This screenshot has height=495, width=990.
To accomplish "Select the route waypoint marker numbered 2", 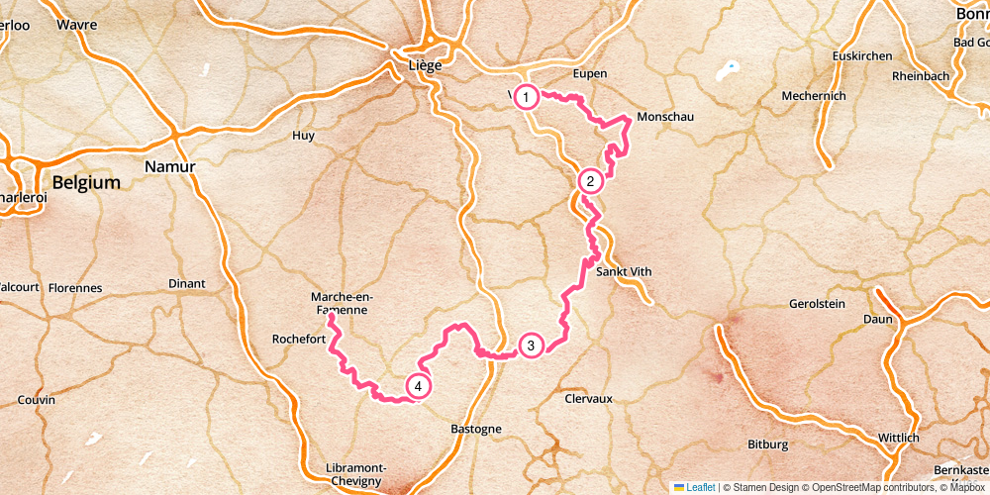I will click(590, 181).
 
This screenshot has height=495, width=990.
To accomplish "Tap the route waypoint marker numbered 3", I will click(531, 346).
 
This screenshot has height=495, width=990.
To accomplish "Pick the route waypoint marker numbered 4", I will click(419, 386).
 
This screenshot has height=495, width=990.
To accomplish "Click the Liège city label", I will click(425, 65).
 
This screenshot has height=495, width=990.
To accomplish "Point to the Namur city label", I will click(169, 166).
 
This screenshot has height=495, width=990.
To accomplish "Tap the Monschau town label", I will click(665, 117).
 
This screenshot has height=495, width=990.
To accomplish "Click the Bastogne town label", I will click(476, 429).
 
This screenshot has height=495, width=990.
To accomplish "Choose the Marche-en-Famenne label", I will click(340, 303).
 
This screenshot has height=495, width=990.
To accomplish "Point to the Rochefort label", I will click(299, 340).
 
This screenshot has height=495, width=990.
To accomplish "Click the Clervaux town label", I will click(588, 398).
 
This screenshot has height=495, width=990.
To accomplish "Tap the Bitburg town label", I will click(767, 445).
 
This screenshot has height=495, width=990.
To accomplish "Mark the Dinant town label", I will click(186, 284).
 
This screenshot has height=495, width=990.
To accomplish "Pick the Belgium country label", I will click(86, 183).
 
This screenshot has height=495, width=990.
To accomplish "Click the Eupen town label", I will click(589, 73).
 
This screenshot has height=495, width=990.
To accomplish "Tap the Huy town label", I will click(303, 135).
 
